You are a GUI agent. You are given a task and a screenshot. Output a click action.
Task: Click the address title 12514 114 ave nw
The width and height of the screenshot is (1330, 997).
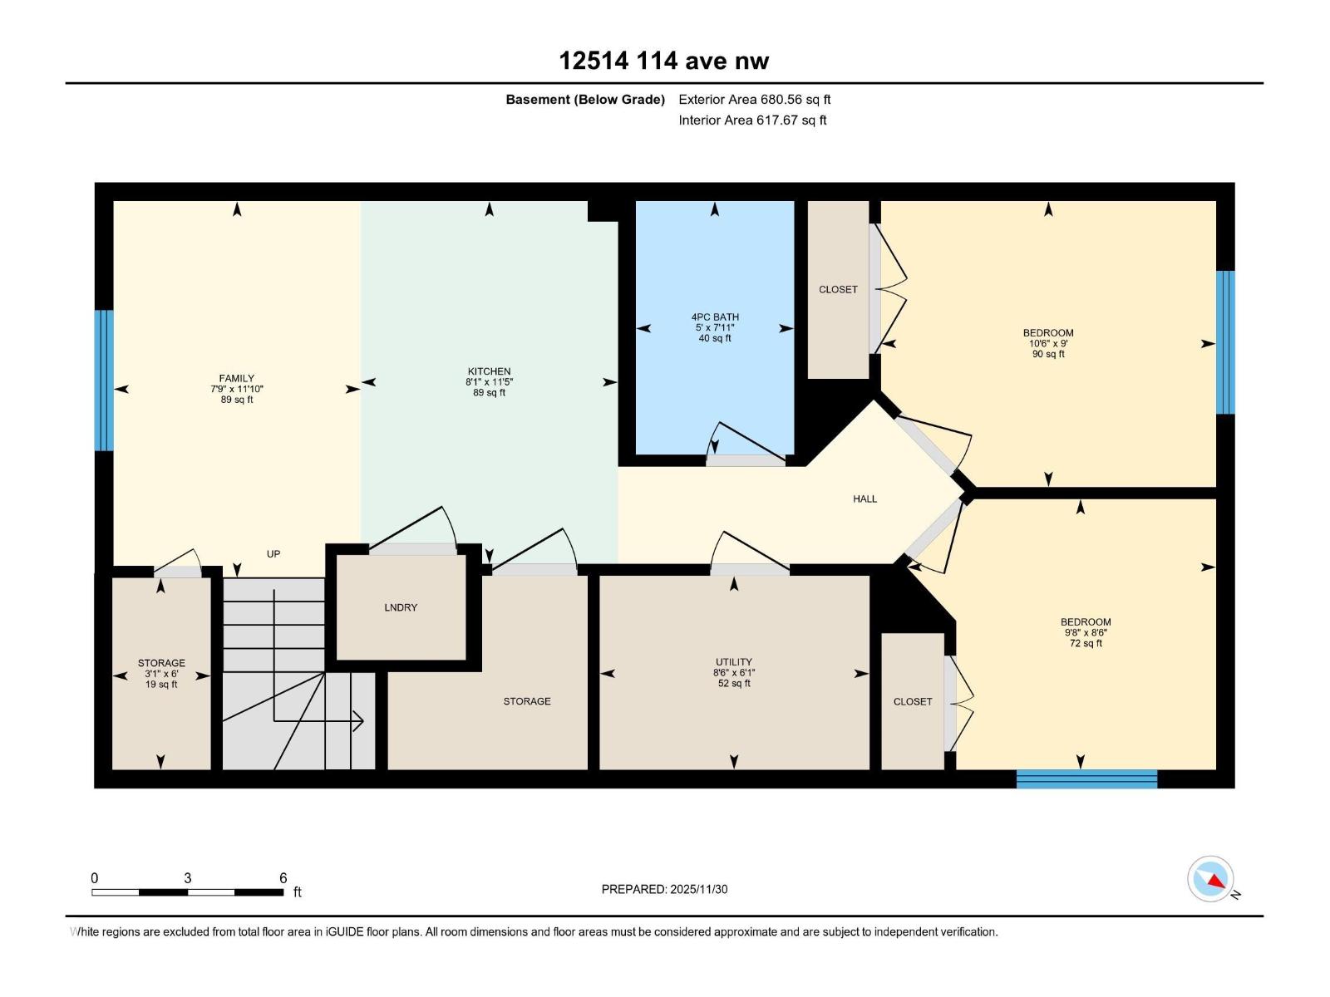click(x=663, y=61)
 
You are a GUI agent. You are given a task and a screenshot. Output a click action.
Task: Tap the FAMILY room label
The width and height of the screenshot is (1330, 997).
click(x=237, y=379)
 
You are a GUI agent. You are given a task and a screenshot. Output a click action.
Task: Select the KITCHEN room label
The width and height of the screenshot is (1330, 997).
click(x=489, y=372)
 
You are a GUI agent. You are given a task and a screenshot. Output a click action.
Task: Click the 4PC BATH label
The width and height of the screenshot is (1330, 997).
click(x=715, y=317)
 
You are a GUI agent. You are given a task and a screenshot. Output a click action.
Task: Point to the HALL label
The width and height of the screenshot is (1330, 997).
click(x=864, y=499)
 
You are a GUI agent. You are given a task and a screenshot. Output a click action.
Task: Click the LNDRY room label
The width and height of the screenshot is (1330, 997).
click(x=401, y=608)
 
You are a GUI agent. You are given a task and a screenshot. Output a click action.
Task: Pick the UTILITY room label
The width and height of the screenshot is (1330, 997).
click(x=734, y=663)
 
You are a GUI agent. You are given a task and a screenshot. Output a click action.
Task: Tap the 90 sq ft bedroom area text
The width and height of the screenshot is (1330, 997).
click(x=1048, y=355)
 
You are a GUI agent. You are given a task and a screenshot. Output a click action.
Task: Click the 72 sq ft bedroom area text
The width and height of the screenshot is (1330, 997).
click(x=1086, y=644)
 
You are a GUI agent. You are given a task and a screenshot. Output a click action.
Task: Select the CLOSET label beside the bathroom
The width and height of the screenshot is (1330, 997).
click(x=838, y=290)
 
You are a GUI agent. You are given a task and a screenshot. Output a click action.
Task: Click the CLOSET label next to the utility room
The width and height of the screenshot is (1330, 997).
click(x=913, y=702)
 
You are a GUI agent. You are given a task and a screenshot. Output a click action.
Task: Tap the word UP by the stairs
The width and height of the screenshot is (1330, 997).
click(x=273, y=554)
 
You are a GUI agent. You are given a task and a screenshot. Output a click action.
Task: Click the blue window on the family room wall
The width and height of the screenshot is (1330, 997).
click(x=104, y=381)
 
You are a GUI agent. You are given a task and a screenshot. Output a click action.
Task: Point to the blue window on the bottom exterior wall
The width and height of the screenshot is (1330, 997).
click(x=1086, y=779)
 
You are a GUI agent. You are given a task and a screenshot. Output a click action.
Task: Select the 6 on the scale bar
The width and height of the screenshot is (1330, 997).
click(x=283, y=878)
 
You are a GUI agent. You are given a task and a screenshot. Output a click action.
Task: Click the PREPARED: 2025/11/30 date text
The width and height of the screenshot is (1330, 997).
click(x=664, y=890)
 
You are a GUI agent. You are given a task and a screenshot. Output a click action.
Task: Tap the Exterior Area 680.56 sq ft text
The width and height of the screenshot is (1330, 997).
click(x=754, y=100)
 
